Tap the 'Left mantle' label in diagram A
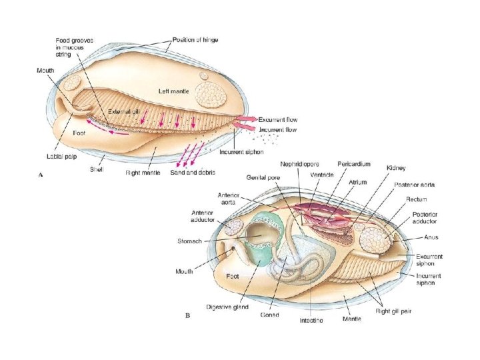coord(175,91)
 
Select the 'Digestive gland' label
coord(228,307)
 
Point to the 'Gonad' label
coord(269,315)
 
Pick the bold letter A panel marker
coord(42,175)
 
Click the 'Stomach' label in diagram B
coord(190,241)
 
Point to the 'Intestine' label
coord(312,321)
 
